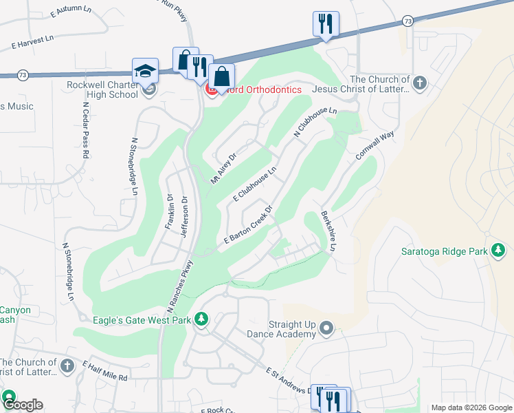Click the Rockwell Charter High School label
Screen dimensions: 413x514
103,89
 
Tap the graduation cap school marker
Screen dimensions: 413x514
146,70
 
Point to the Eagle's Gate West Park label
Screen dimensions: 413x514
142,319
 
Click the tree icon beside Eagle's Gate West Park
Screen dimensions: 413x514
201,319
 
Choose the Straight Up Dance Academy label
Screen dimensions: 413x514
285,329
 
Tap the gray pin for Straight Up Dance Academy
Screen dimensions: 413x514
326,329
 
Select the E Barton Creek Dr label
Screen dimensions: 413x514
248,224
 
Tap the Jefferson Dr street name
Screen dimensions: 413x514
183,217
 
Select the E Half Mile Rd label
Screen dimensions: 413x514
105,370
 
